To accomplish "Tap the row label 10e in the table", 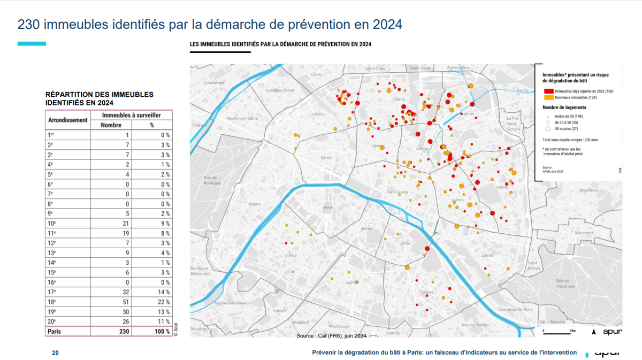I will [x=51, y=224].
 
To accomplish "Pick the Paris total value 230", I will [x=121, y=331].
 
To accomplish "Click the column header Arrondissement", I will [x=68, y=120].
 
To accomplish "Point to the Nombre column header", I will [x=111, y=125].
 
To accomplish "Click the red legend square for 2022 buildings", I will [x=548, y=91].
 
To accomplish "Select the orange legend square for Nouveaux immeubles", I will [x=548, y=98].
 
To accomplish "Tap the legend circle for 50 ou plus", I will [x=548, y=129].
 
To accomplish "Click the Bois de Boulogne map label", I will [x=212, y=180].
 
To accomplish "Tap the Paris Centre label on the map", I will [x=398, y=192].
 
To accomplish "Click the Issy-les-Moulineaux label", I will [x=232, y=303].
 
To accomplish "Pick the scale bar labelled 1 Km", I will [x=560, y=331].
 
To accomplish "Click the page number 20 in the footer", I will [x=55, y=353].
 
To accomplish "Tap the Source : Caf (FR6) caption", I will [x=331, y=336].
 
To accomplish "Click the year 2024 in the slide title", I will [x=384, y=25].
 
